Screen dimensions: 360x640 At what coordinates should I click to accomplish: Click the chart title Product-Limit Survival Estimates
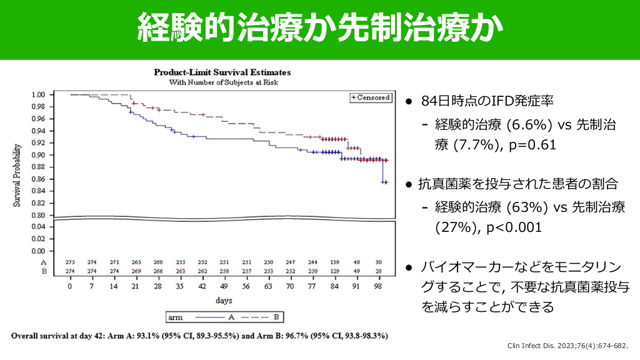(222, 72)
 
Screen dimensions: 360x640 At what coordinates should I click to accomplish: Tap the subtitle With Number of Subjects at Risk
(222, 82)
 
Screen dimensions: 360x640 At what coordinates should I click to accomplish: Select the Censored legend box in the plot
(371, 97)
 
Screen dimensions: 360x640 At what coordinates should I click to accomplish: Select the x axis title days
(224, 301)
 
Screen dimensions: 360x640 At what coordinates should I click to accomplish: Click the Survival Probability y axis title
(18, 175)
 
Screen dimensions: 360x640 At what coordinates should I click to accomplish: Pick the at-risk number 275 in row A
(70, 262)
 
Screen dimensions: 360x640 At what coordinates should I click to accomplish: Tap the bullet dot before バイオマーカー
(408, 267)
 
